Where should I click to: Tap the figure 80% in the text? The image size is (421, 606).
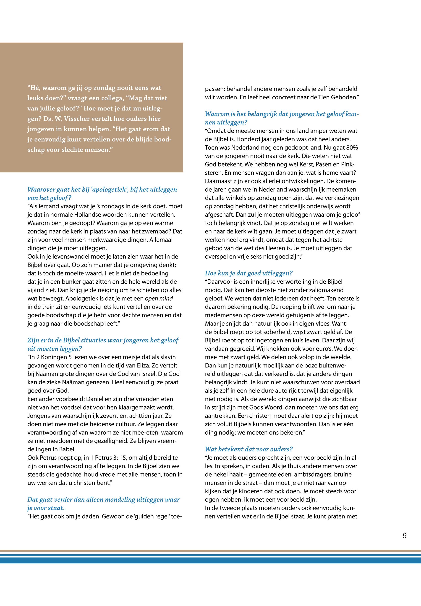(351, 147)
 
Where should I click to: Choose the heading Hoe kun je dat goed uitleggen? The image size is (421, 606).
(248, 273)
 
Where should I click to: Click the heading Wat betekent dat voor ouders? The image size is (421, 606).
(249, 449)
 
